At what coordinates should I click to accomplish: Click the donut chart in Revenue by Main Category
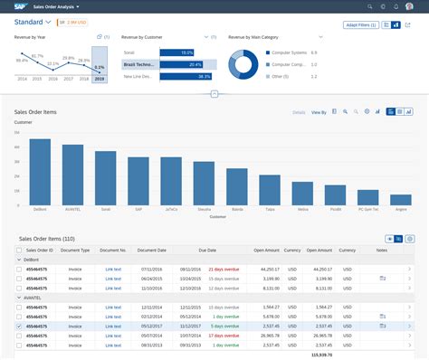point(244,65)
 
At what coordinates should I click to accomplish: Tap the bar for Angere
point(400,199)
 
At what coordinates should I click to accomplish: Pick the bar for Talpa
point(269,189)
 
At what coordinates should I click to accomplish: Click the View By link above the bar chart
point(319,112)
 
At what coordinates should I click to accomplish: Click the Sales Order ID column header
point(40,249)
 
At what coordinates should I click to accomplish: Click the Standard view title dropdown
point(33,20)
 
